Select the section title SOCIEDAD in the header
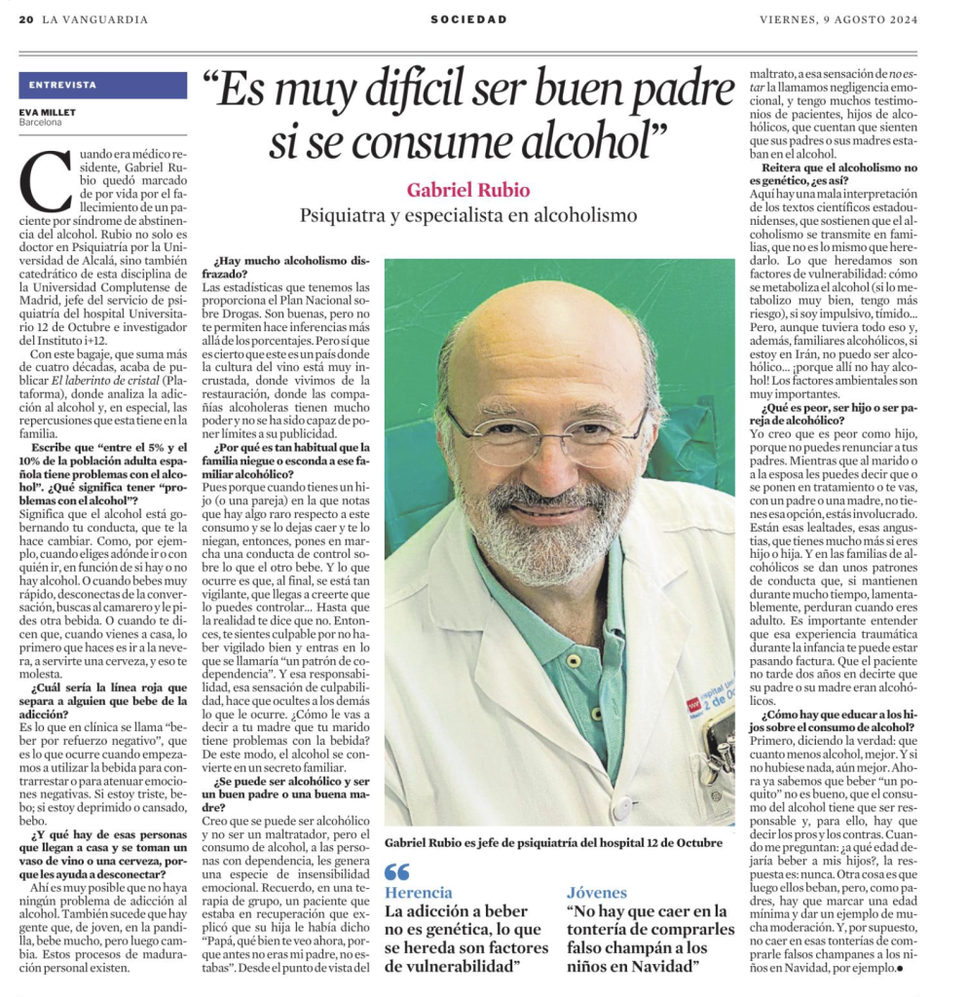click(469, 19)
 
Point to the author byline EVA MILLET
click(45, 112)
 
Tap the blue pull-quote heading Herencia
click(419, 893)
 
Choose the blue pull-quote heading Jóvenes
click(597, 893)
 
